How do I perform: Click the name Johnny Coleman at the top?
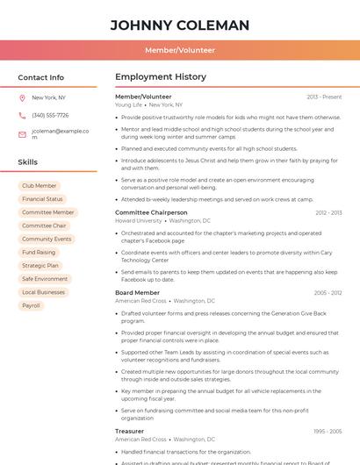(180, 25)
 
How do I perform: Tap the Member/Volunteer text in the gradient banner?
(180, 51)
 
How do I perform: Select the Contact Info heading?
(41, 77)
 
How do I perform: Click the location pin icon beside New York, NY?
(22, 97)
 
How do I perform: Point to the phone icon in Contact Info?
(22, 115)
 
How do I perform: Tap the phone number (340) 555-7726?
(50, 115)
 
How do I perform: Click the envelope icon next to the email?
(22, 134)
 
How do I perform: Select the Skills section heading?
(28, 162)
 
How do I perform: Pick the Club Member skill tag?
(40, 186)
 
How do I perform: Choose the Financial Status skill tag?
(42, 199)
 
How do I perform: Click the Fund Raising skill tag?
(39, 252)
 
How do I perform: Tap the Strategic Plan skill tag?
(40, 265)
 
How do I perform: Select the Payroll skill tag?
(32, 305)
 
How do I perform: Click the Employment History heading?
(161, 77)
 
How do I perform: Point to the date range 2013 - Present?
(324, 97)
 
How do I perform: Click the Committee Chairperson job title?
(151, 212)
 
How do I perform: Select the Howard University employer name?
(139, 221)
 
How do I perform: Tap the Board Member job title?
(137, 292)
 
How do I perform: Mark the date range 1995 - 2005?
(327, 432)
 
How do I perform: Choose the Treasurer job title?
(130, 431)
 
